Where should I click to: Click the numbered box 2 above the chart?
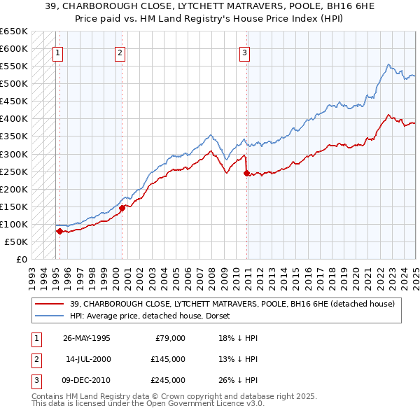120,52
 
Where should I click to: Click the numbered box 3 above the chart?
245,52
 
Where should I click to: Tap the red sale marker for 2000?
122,207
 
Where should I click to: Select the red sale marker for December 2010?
246,173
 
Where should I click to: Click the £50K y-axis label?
16,241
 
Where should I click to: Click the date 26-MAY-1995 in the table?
86,338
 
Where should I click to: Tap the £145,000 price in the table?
167,359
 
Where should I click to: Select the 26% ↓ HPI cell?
238,380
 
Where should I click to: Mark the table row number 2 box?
36,359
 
